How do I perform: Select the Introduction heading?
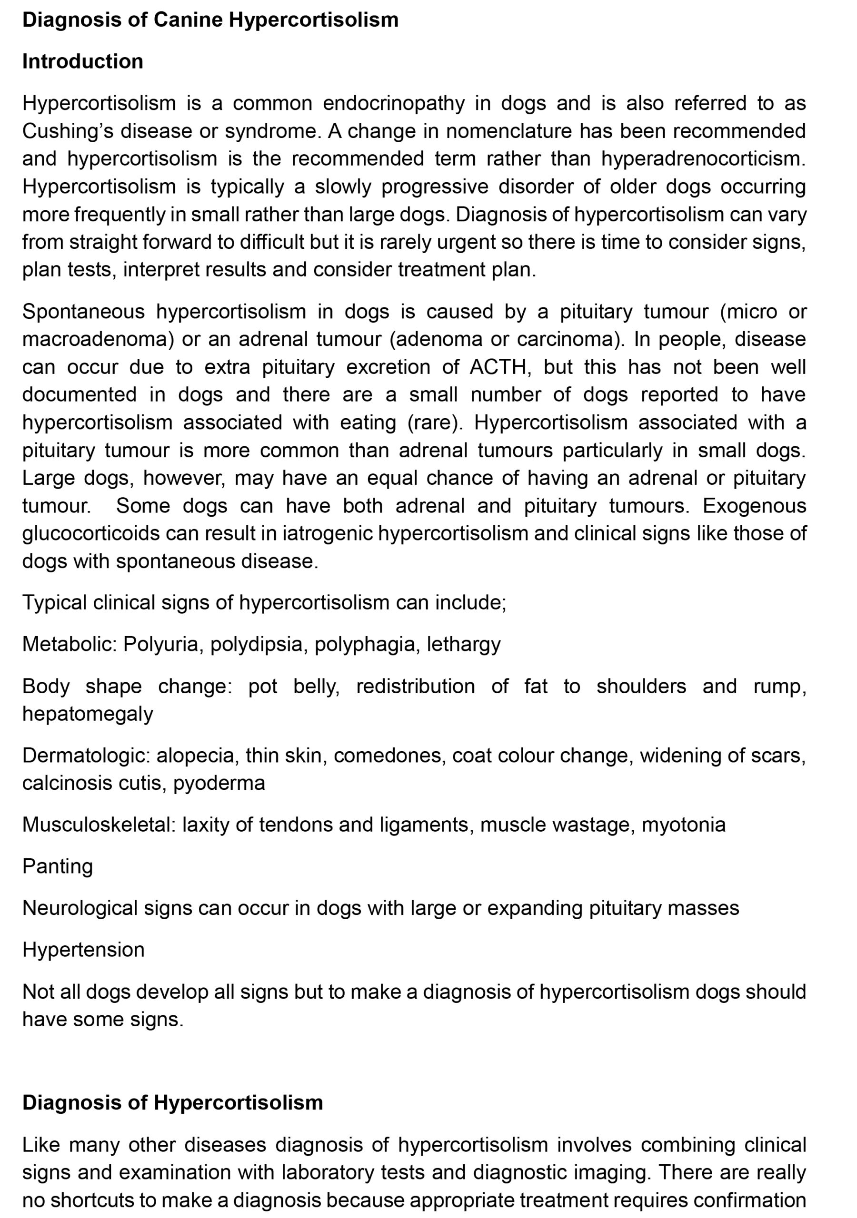click(83, 61)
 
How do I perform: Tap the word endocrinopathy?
click(393, 103)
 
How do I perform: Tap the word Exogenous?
click(754, 506)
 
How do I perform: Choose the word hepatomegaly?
click(88, 714)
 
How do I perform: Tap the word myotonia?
click(683, 825)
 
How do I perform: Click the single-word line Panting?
click(57, 867)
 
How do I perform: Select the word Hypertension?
click(83, 950)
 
